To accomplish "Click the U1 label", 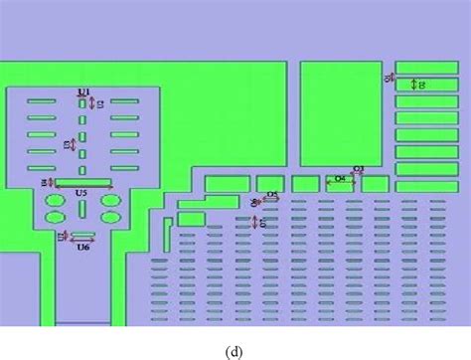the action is pyautogui.click(x=83, y=92).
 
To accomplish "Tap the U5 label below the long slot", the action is pyautogui.click(x=81, y=192).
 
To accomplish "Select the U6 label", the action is pyautogui.click(x=83, y=247).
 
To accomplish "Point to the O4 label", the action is pyautogui.click(x=339, y=179).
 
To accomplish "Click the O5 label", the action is pyautogui.click(x=272, y=195).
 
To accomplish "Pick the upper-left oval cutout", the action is pyautogui.click(x=56, y=201).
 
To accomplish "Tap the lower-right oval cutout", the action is pyautogui.click(x=110, y=216).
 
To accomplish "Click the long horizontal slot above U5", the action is pyautogui.click(x=82, y=182).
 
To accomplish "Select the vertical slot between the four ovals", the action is pyautogui.click(x=82, y=208).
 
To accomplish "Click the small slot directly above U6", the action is pyautogui.click(x=83, y=237).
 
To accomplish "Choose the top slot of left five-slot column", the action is pyautogui.click(x=42, y=101).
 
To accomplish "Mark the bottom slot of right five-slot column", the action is pyautogui.click(x=124, y=167).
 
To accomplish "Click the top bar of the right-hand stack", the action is pyautogui.click(x=426, y=68).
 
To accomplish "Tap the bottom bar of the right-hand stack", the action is pyautogui.click(x=426, y=186).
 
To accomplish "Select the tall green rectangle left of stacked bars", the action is pyautogui.click(x=341, y=114).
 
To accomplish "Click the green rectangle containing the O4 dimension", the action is pyautogui.click(x=341, y=184).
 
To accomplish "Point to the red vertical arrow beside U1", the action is pyautogui.click(x=92, y=102).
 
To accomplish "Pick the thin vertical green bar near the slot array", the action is pyautogui.click(x=165, y=235).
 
